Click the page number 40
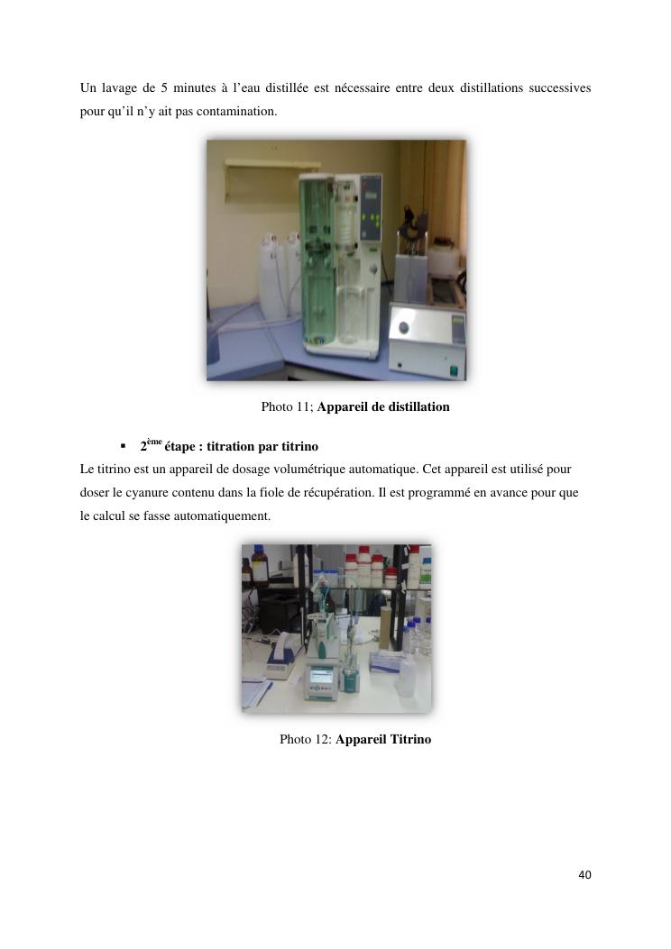tap(584, 874)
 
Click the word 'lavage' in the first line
tap(119, 88)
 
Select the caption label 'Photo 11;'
tap(287, 406)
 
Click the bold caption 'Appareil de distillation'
tap(383, 406)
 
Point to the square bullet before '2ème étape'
tap(123, 447)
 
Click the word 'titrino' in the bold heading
tap(299, 447)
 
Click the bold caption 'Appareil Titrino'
tap(383, 739)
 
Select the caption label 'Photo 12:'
tap(306, 739)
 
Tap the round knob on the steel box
tap(403, 328)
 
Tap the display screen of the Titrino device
tap(321, 676)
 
